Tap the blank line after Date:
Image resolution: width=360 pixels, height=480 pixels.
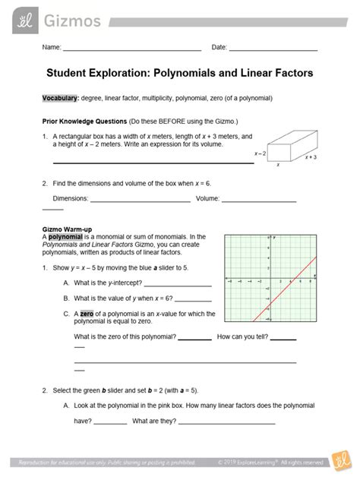point(273,51)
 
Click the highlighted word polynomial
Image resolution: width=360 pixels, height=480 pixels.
point(64,237)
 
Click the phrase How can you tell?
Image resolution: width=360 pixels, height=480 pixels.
point(242,336)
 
